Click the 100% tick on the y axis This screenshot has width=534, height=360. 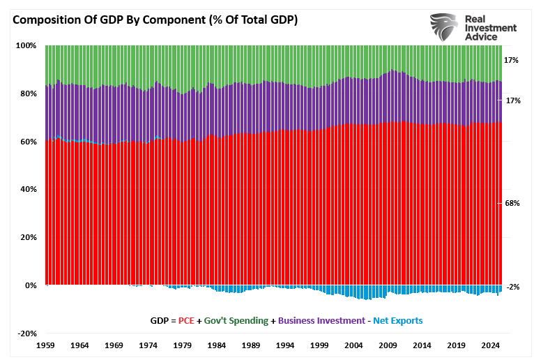pyautogui.click(x=26, y=45)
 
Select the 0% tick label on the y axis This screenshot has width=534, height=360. pyautogui.click(x=30, y=285)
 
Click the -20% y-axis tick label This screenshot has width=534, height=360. pyautogui.click(x=26, y=333)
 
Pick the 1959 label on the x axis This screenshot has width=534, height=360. pyautogui.click(x=45, y=345)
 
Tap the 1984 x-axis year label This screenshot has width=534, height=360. pyautogui.click(x=217, y=345)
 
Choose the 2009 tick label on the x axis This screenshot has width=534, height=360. pyautogui.click(x=389, y=345)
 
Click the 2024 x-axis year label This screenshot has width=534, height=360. pyautogui.click(x=491, y=345)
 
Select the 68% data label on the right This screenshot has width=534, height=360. pyautogui.click(x=512, y=203)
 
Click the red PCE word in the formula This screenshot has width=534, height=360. pyautogui.click(x=186, y=321)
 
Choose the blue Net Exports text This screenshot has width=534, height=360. pyautogui.click(x=397, y=321)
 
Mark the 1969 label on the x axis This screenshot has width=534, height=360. pyautogui.click(x=114, y=345)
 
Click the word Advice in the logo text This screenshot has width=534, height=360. pyautogui.click(x=491, y=37)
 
